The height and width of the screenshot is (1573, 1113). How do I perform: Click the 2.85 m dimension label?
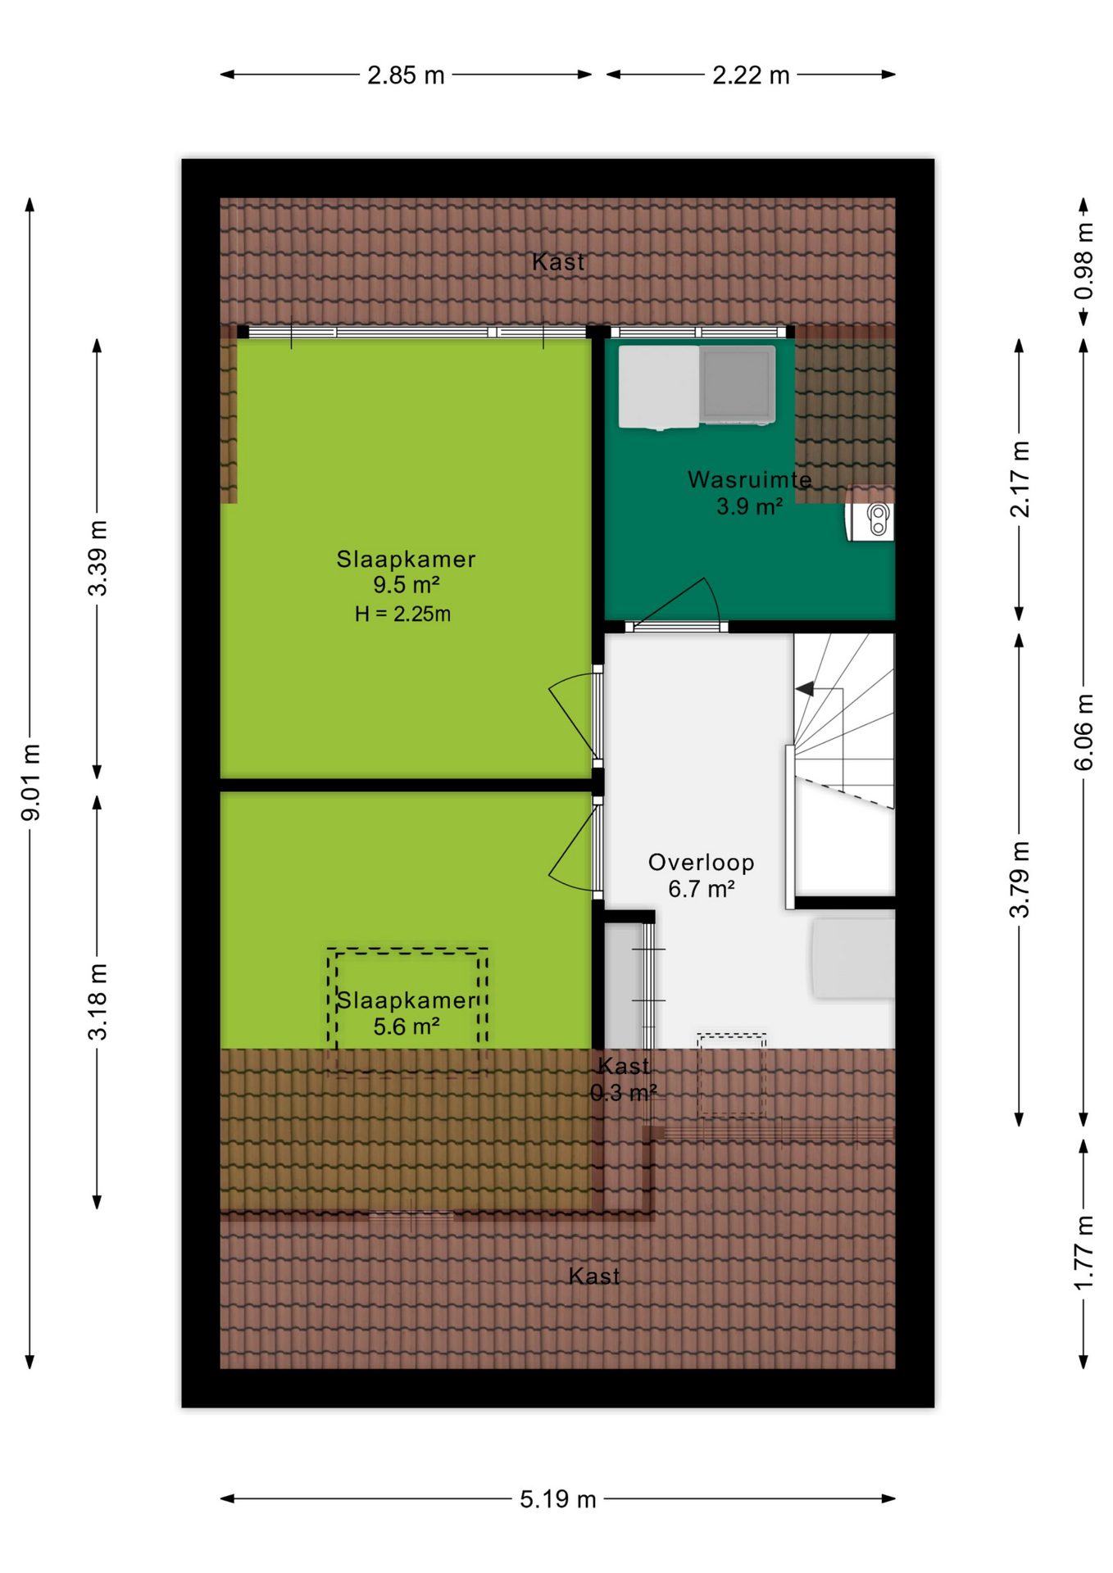tap(406, 75)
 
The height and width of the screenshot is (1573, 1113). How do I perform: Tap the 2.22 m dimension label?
tap(751, 75)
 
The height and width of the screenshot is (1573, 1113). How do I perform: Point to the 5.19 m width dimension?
tap(557, 1498)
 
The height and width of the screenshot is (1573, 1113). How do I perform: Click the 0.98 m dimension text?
tap(1083, 261)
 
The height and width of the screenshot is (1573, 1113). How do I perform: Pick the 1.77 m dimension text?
tap(1083, 1253)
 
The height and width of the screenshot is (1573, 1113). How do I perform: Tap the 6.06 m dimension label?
tap(1083, 732)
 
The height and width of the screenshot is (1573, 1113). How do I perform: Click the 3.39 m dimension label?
tap(98, 558)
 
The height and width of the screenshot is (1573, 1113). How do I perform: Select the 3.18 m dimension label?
tap(98, 1001)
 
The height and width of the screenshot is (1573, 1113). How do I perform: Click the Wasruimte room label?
tap(750, 479)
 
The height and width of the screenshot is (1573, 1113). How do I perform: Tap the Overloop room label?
tap(702, 862)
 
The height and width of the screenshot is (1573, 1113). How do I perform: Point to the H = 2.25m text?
tap(402, 614)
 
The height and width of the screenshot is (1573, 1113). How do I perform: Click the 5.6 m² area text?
tap(407, 1027)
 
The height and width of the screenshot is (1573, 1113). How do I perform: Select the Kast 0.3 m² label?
tap(624, 1079)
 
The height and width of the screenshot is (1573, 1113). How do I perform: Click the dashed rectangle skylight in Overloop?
tap(732, 1074)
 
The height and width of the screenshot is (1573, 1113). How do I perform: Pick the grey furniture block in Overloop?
tap(853, 958)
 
